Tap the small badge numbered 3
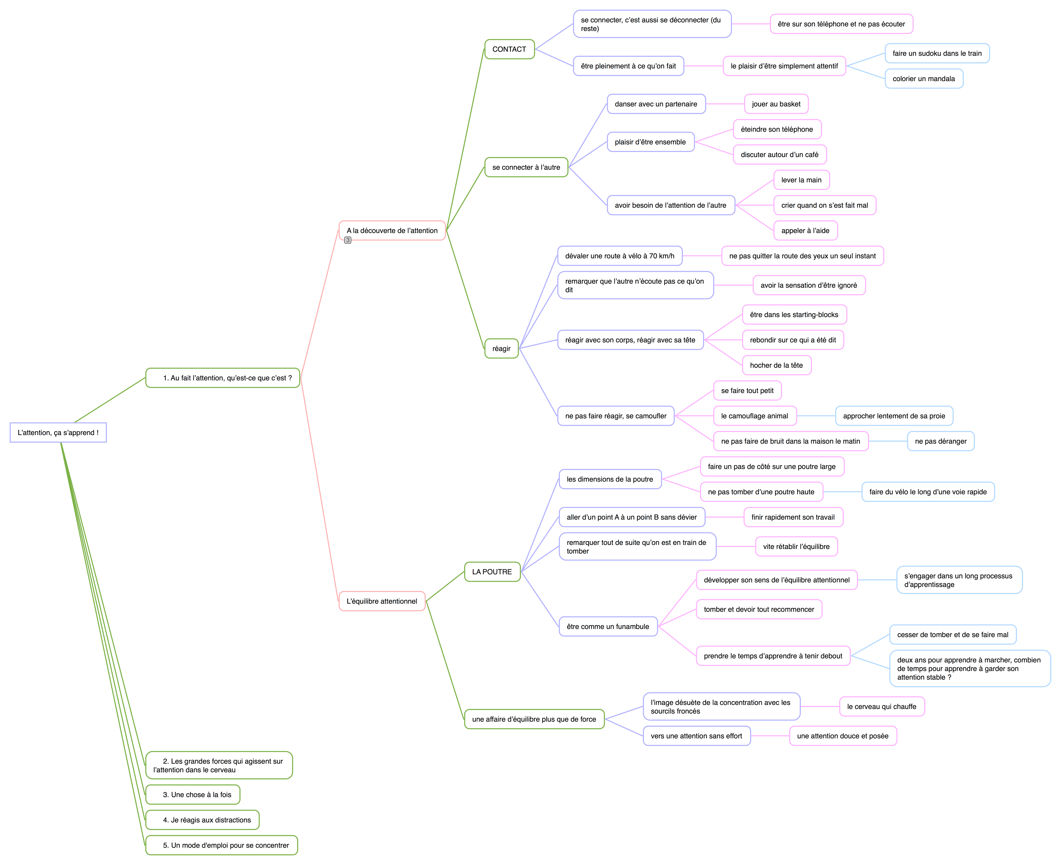tap(348, 240)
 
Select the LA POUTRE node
tap(492, 572)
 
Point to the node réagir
tap(501, 348)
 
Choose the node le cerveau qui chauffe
tap(881, 706)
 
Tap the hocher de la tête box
tap(776, 365)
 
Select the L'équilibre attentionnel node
tap(382, 601)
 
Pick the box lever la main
tap(801, 180)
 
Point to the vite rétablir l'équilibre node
tap(796, 547)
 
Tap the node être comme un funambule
tap(608, 626)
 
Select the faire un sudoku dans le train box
tap(936, 53)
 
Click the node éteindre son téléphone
tap(777, 129)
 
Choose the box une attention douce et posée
tap(842, 736)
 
